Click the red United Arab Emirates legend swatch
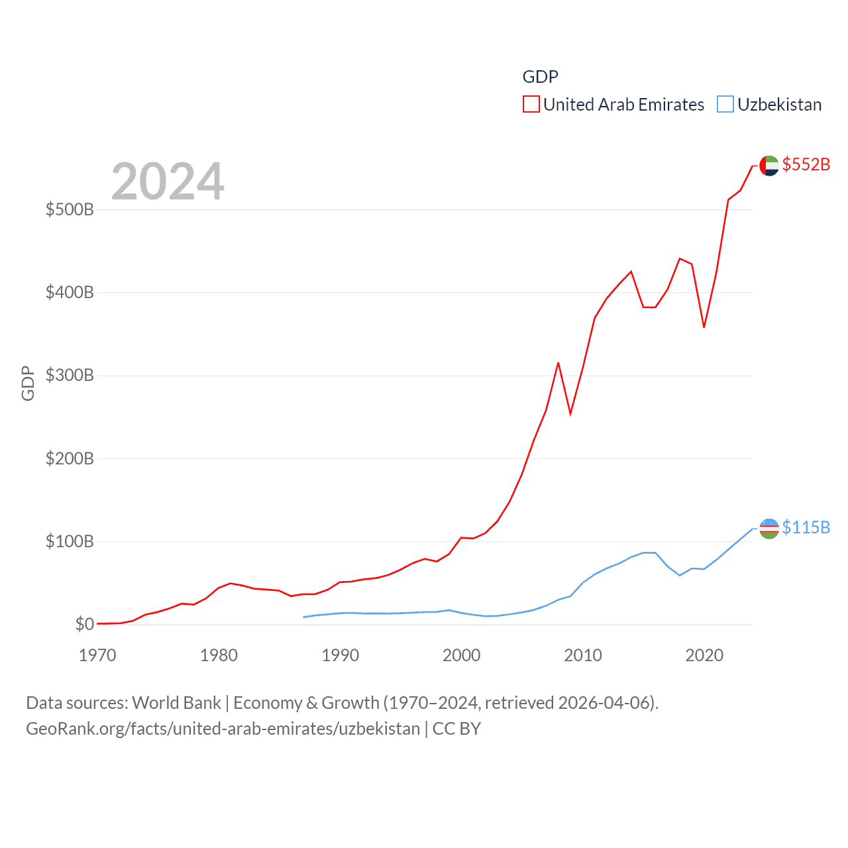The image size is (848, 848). [x=531, y=105]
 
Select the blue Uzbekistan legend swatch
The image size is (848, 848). [x=725, y=105]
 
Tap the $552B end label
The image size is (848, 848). [x=806, y=164]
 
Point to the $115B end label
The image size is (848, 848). [x=806, y=527]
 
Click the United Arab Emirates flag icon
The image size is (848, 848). [x=769, y=166]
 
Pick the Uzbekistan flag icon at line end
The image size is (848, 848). [x=769, y=529]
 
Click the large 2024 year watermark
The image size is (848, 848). [x=168, y=182]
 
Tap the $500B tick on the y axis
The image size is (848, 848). [x=70, y=210]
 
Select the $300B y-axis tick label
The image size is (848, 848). [x=70, y=376]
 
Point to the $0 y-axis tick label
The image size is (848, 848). [x=84, y=625]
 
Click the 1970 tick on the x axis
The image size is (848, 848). [x=97, y=656]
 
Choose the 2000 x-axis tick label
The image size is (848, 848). [x=462, y=656]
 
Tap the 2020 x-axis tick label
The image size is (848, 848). [x=704, y=656]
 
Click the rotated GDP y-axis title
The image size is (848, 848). [x=28, y=383]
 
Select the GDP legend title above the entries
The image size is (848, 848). [x=540, y=77]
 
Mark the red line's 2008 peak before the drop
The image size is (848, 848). [x=558, y=363]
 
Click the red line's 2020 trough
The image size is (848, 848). [x=704, y=327]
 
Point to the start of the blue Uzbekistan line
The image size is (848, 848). [x=304, y=617]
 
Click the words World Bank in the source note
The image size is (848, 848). [x=176, y=702]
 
